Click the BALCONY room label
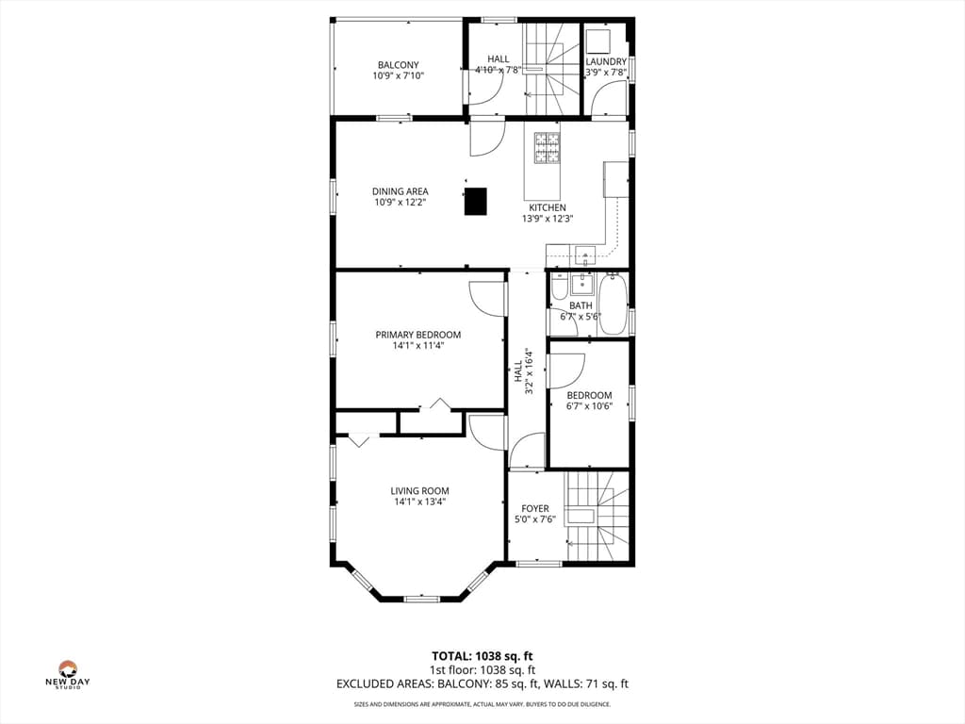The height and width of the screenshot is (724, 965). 399,65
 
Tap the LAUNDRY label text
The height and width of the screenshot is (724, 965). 606,61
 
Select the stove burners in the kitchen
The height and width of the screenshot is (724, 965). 547,148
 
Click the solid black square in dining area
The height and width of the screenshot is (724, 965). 475,202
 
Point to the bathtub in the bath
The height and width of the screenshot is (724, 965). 613,304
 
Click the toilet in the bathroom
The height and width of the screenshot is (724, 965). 559,287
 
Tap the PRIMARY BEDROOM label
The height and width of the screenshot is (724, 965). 418,335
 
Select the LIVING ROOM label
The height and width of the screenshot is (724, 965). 419,491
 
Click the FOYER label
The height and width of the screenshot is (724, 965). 535,508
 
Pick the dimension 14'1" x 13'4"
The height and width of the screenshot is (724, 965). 419,502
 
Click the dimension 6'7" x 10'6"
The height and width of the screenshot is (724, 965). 590,406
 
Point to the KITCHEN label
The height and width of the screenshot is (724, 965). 548,208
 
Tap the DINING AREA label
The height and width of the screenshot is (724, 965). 400,191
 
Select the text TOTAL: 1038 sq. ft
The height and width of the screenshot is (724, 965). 482,656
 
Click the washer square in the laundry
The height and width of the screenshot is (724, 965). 597,41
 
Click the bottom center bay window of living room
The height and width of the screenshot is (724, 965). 421,598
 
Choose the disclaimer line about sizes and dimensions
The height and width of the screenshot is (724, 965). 482,704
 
